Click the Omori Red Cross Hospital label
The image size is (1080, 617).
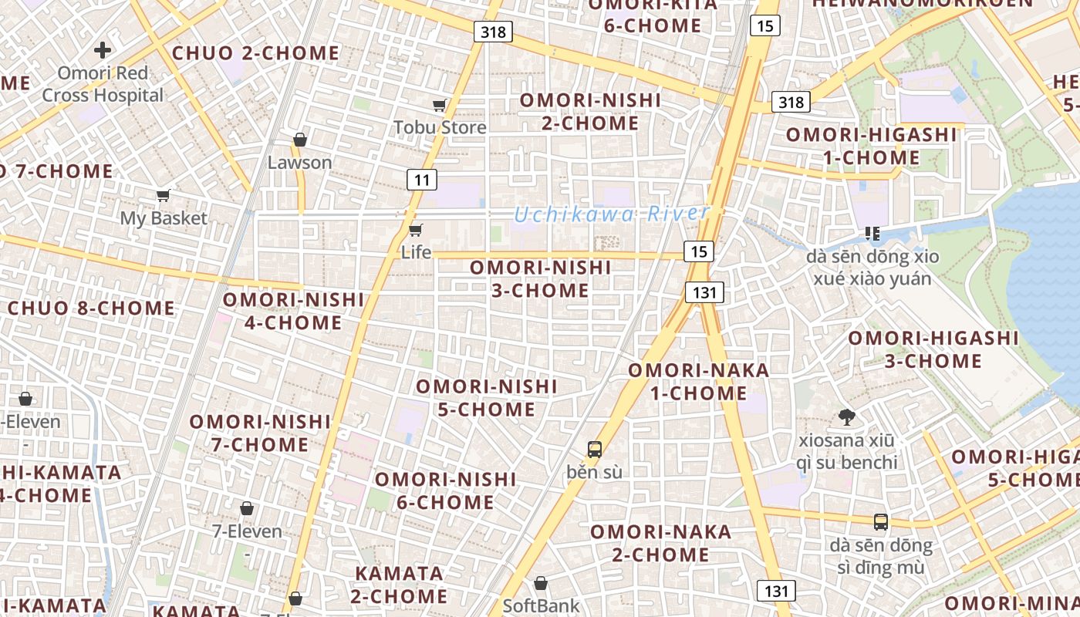(103, 84)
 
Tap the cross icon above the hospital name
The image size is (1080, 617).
(103, 51)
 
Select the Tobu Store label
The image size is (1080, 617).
(440, 126)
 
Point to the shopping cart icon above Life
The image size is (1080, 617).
(416, 229)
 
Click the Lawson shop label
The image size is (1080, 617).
(299, 163)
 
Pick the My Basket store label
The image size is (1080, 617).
(164, 218)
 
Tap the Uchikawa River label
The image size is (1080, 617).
(612, 214)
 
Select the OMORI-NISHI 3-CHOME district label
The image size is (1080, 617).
(540, 278)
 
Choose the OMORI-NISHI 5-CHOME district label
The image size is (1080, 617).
(487, 397)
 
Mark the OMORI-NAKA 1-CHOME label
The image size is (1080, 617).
(698, 381)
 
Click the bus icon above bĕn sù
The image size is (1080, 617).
(594, 449)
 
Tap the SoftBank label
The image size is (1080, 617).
(541, 605)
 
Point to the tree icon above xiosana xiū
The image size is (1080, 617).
(846, 418)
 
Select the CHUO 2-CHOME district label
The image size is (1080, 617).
(255, 53)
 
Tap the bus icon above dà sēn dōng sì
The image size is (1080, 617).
(881, 522)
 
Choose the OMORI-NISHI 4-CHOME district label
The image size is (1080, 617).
(293, 310)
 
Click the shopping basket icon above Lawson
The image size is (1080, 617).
(299, 140)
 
